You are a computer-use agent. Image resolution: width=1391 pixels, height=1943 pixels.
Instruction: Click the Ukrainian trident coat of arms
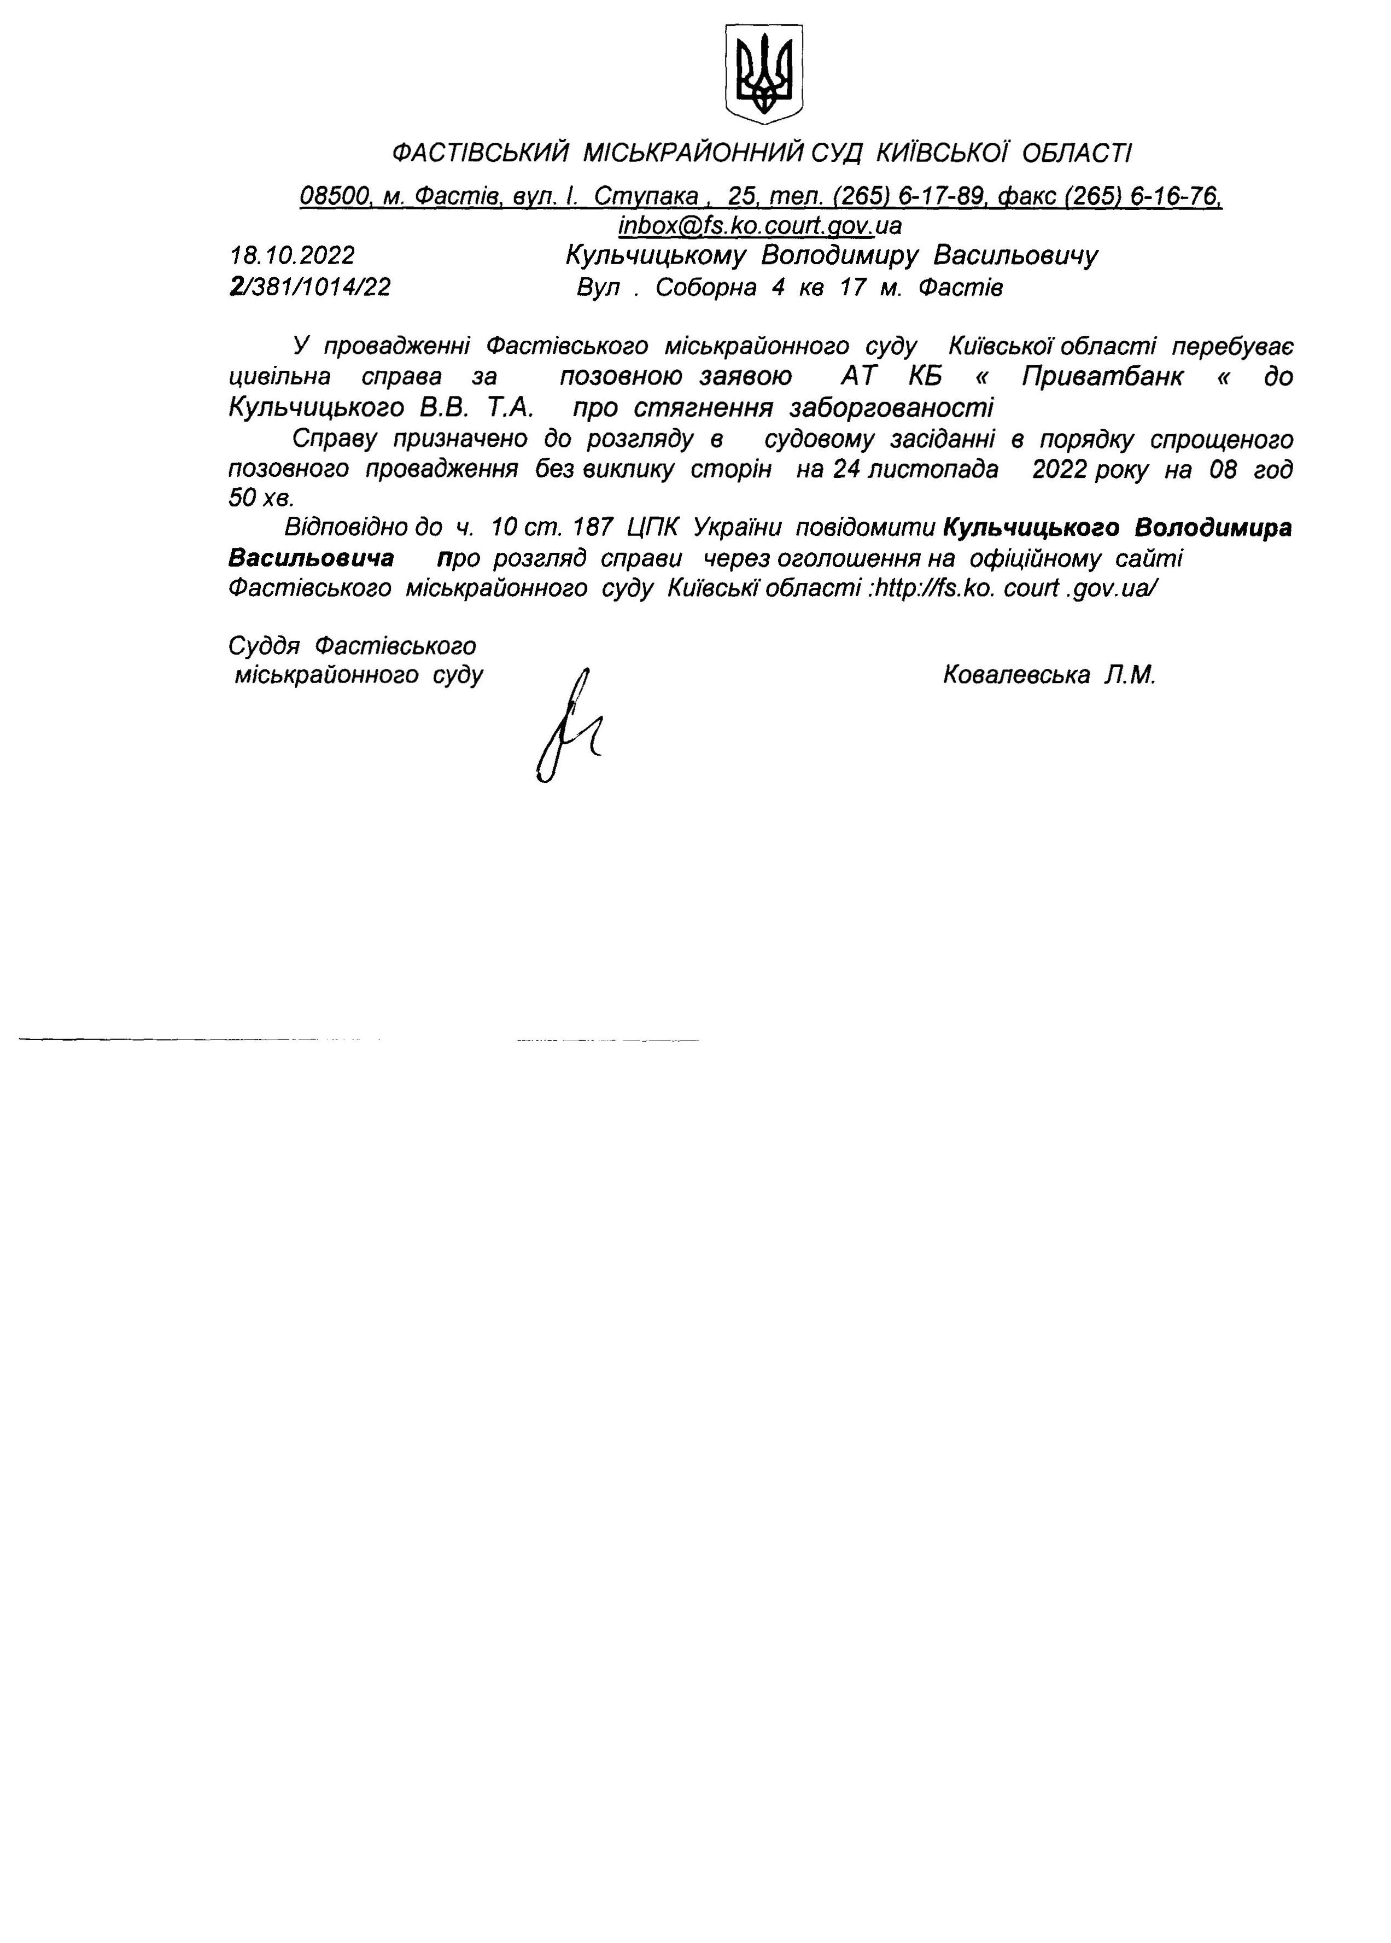coord(764,74)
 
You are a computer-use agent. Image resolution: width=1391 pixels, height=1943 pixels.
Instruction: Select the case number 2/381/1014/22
coord(310,287)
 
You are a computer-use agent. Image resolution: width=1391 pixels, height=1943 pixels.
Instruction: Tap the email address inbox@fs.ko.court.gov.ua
coord(759,225)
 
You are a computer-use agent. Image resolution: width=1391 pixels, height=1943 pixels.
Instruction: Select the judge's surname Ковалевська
coord(1016,675)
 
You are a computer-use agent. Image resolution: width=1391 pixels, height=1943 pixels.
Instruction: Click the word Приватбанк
coord(1103,377)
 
